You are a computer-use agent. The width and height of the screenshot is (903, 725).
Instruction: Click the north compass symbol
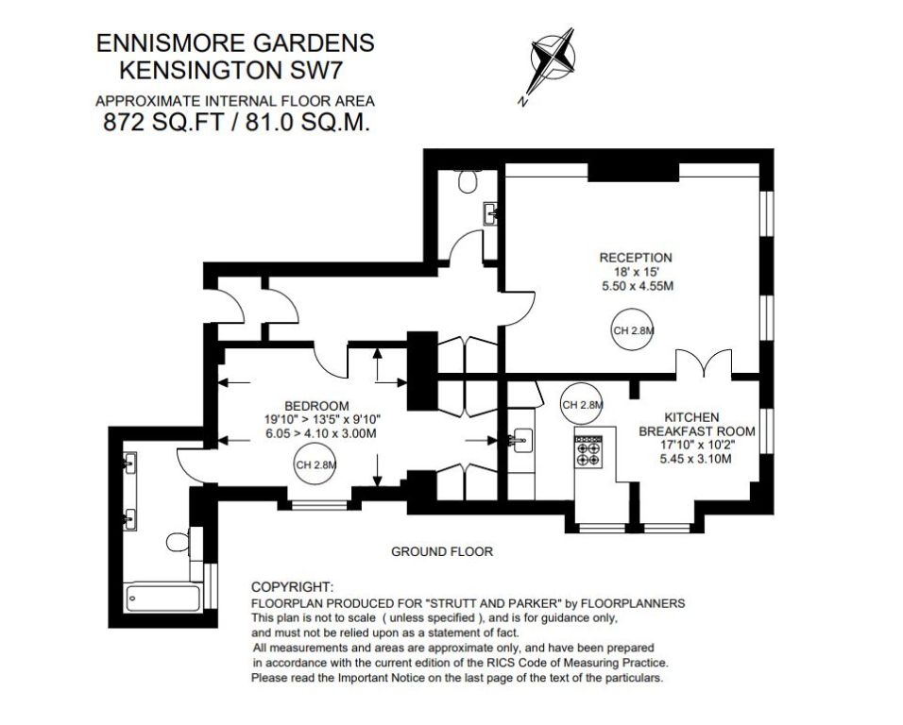(x=553, y=59)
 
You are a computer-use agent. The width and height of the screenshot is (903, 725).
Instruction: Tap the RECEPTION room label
(x=636, y=258)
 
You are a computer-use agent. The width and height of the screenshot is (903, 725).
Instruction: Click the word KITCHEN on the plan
(x=691, y=417)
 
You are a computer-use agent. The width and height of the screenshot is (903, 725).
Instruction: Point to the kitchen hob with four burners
(x=588, y=450)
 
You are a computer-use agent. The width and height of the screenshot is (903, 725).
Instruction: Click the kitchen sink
(x=523, y=441)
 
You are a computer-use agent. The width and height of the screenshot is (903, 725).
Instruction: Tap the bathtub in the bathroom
(x=162, y=599)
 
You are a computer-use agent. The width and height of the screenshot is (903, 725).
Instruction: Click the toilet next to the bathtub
(x=178, y=542)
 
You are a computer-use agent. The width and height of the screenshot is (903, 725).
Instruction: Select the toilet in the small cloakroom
(x=469, y=180)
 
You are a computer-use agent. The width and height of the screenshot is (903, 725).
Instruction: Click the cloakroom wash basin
(x=490, y=214)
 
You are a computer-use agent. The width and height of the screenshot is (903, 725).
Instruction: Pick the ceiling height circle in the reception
(x=632, y=330)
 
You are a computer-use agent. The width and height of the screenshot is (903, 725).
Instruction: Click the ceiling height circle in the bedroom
(x=315, y=465)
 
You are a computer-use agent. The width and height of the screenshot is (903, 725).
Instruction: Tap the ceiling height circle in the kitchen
(x=581, y=404)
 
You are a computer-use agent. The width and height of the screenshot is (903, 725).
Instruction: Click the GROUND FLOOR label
(x=442, y=552)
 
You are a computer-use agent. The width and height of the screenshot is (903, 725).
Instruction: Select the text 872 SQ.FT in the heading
(x=162, y=122)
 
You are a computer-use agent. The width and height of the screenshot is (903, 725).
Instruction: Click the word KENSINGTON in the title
(x=197, y=71)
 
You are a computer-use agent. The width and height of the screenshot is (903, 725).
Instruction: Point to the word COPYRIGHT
(x=292, y=587)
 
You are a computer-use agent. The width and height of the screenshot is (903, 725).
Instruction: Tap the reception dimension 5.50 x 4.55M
(x=637, y=286)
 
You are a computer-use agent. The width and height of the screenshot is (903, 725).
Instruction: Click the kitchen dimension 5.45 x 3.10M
(x=696, y=459)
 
